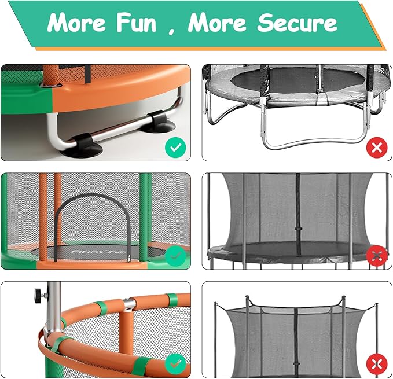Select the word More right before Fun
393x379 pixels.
77,23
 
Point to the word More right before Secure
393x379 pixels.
218,23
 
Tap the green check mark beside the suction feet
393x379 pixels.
175,148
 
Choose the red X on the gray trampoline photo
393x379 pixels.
377,148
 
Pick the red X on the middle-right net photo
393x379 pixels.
377,255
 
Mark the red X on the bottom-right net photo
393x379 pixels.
377,364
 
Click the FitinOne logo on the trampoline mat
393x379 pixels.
85,253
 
